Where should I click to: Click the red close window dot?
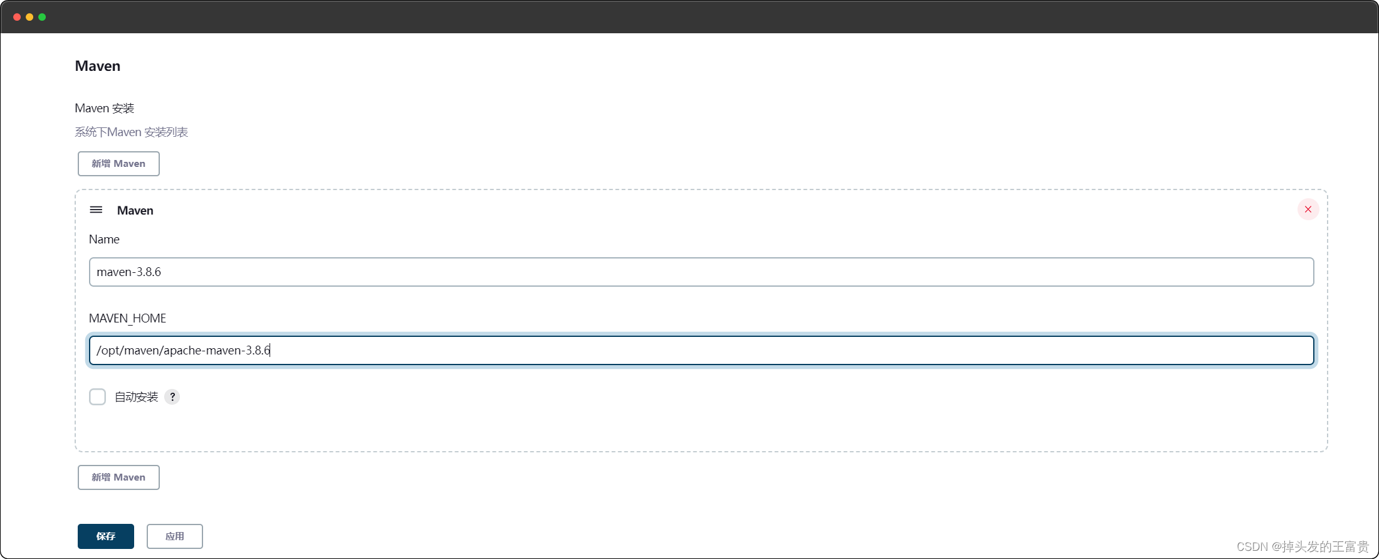click(x=17, y=17)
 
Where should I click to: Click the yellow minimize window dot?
click(x=29, y=17)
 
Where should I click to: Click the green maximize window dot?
click(x=42, y=17)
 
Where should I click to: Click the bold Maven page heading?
click(x=97, y=66)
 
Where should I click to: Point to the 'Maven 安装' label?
click(x=104, y=108)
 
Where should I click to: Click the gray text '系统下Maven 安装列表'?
click(x=131, y=132)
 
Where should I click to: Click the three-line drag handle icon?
click(x=96, y=210)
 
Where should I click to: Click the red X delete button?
click(x=1308, y=210)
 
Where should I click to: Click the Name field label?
click(x=104, y=239)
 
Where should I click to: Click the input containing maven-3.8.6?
click(x=701, y=272)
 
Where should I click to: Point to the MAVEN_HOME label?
click(x=127, y=318)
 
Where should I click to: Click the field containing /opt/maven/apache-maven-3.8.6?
click(x=701, y=350)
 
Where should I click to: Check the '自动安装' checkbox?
click(x=97, y=397)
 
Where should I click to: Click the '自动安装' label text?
click(x=136, y=397)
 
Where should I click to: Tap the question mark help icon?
click(x=172, y=397)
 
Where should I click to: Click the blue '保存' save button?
click(x=105, y=536)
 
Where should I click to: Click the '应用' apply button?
click(x=174, y=536)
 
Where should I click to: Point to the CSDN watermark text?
click(x=1302, y=546)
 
